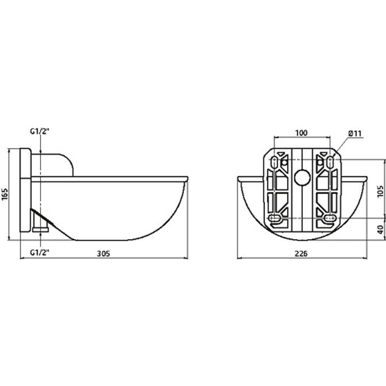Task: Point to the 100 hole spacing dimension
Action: (301, 133)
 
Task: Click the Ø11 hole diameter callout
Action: (355, 133)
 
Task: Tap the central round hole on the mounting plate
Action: (302, 178)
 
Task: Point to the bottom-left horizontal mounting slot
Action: (275, 218)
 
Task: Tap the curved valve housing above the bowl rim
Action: (61, 162)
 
